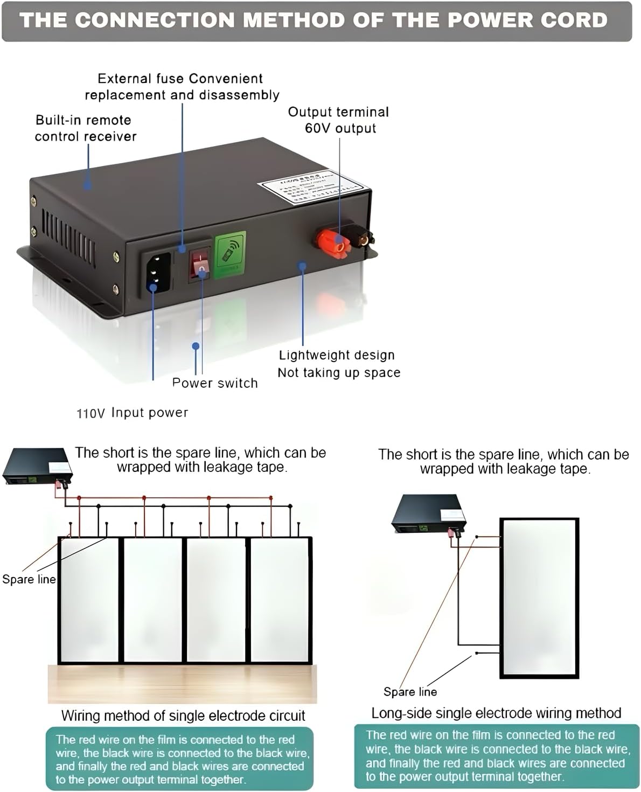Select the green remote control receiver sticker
point(231,255)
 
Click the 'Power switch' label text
point(215,383)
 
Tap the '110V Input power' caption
point(133,413)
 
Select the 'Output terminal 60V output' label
point(339,120)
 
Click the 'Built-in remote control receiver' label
point(85,128)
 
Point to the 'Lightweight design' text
point(337,356)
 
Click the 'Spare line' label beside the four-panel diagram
point(29,579)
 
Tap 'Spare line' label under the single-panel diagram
point(410,692)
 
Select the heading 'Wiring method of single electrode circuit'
point(183,715)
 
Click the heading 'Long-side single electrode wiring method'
point(496,713)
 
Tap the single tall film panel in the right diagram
point(539,597)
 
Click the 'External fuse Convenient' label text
point(180,79)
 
